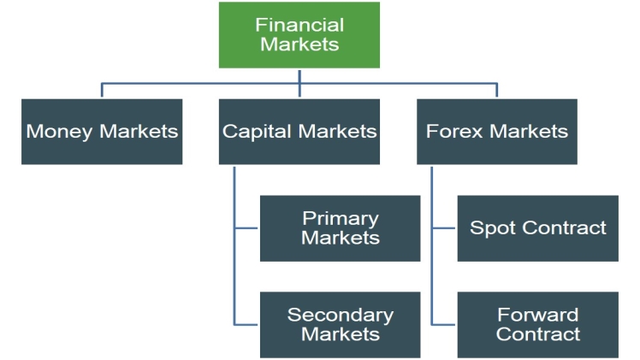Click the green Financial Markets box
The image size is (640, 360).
299,35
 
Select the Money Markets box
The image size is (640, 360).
102,132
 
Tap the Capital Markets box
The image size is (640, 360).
299,132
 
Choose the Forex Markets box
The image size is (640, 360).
496,132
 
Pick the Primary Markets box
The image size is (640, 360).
340,228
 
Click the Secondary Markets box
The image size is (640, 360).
340,324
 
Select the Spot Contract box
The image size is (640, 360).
537,228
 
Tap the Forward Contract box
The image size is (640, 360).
537,324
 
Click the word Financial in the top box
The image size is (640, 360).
299,25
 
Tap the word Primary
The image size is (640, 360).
340,218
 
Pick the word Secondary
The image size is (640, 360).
340,315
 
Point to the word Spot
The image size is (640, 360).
489,228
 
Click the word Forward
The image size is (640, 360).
537,315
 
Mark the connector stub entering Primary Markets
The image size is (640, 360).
246,228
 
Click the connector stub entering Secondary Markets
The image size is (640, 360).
246,324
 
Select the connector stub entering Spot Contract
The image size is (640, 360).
444,228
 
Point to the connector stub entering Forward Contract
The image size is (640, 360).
444,324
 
